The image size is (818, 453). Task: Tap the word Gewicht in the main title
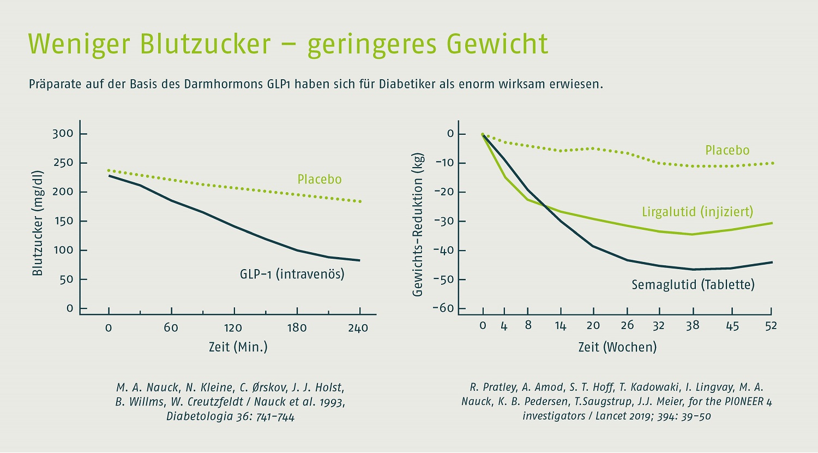pos(497,44)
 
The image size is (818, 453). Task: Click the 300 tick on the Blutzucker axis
pos(63,134)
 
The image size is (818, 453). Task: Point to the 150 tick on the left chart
pos(63,222)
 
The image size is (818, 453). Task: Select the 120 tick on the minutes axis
pos(233,328)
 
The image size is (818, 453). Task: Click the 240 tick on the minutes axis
pos(358,328)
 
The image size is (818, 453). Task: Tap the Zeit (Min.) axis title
pos(238,347)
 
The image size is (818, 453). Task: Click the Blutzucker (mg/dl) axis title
pos(37,223)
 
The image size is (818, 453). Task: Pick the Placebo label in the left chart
pos(320,180)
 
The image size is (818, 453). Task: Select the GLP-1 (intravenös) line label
pos(292,273)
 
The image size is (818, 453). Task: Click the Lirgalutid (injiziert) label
pos(697,212)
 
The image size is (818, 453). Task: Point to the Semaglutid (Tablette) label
pos(693,285)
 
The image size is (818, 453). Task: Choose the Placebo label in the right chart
pos(727,151)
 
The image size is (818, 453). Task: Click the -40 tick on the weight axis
pos(443,251)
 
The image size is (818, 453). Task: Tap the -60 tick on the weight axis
pos(443,308)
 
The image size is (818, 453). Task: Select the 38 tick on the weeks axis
pos(692,326)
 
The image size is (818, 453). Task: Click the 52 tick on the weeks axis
pos(771,326)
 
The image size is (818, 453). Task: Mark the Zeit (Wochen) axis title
pos(617,347)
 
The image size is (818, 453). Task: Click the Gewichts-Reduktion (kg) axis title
pos(418,224)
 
